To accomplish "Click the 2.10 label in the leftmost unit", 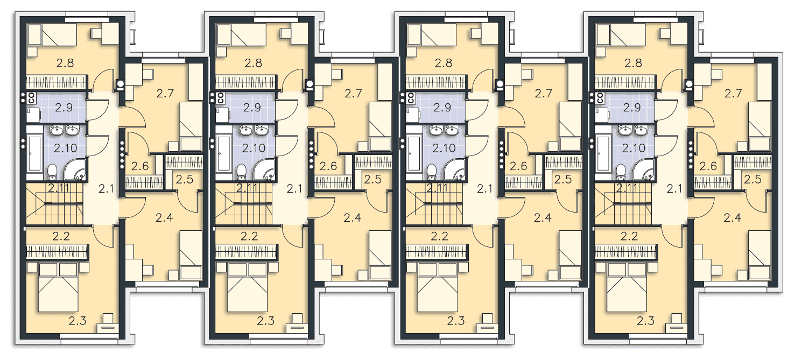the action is [66, 148].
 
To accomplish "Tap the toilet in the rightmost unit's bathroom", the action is [621, 172].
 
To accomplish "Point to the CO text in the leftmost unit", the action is [31, 97].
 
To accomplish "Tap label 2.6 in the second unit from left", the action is [328, 166].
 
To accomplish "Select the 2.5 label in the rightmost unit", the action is [753, 180].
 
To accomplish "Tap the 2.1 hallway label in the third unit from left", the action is [484, 189].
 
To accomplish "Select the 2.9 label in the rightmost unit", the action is [632, 108].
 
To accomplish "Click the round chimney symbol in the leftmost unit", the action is [121, 84].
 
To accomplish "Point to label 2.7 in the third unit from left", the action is [544, 94].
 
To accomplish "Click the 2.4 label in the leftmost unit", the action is [164, 218].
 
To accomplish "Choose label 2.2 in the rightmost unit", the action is [629, 236].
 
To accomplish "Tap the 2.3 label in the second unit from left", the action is [266, 321].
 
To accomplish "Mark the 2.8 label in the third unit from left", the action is [444, 63].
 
